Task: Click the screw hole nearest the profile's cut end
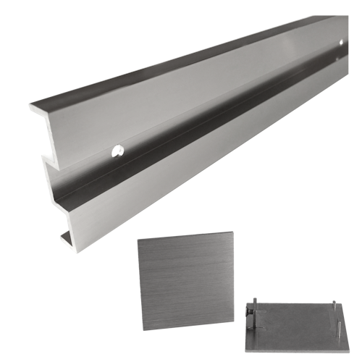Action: click(x=117, y=151)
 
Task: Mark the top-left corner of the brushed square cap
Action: click(x=138, y=241)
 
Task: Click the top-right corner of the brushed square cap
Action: click(x=233, y=232)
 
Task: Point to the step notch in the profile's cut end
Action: click(x=46, y=157)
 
